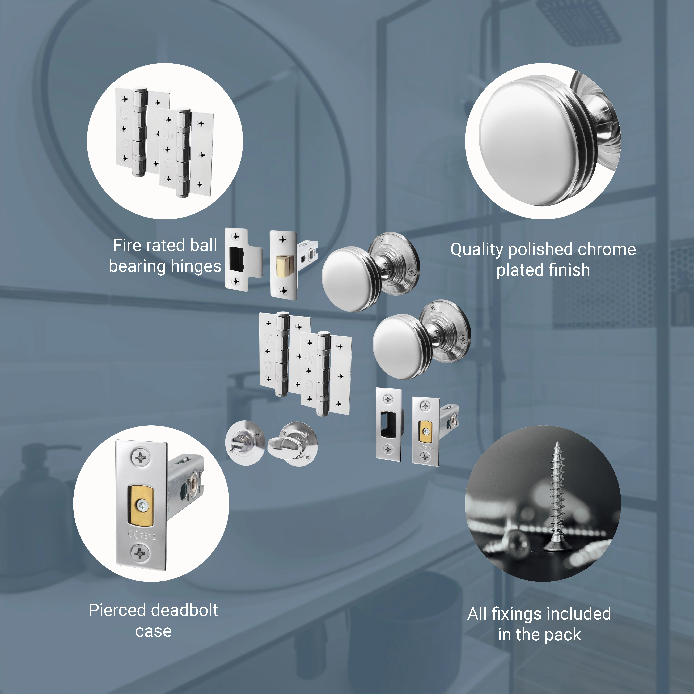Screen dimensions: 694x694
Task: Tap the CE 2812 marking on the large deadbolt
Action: (142, 535)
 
